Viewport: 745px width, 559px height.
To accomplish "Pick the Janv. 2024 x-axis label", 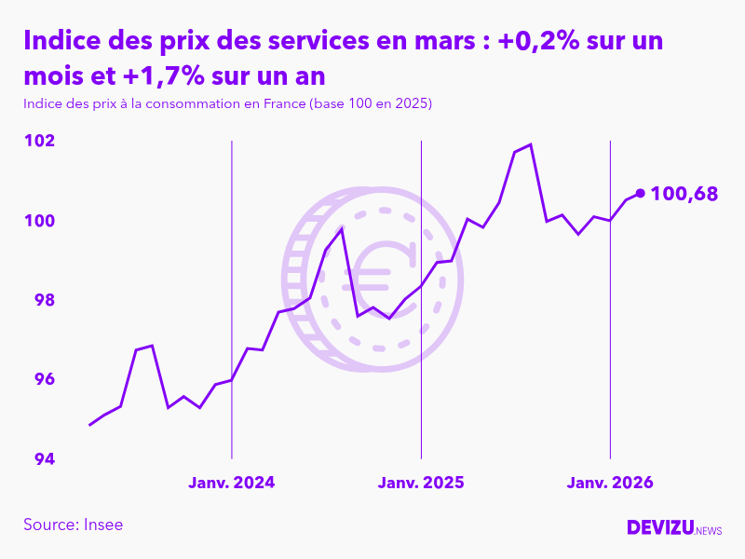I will click(232, 483).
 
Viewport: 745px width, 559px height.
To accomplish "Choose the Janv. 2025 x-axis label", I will click(421, 483).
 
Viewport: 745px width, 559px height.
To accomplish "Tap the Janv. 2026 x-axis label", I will click(610, 483).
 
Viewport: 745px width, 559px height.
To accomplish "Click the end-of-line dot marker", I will click(640, 194).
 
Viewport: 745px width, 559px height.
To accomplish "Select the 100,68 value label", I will click(684, 194).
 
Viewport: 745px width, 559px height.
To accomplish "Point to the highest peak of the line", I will click(530, 144).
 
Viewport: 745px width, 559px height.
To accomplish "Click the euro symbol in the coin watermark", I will click(376, 277).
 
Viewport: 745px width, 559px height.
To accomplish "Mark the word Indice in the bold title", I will click(63, 42).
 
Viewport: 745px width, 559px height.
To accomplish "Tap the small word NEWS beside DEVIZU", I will click(708, 531).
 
